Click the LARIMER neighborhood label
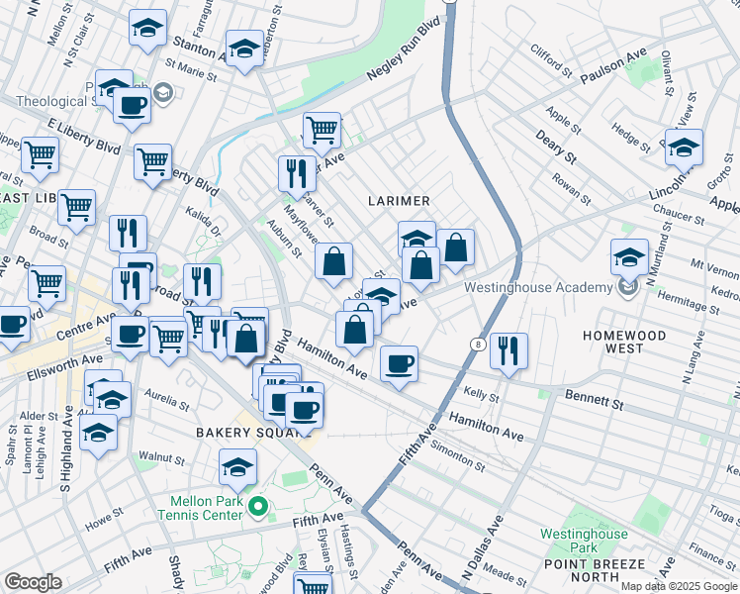pyautogui.click(x=399, y=200)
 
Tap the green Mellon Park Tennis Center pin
pyautogui.click(x=259, y=508)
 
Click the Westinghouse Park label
pyautogui.click(x=584, y=541)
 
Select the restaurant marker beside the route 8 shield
pyautogui.click(x=509, y=349)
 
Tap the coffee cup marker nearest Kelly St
pyautogui.click(x=399, y=363)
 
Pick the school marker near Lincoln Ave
pyautogui.click(x=684, y=147)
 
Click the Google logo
pyautogui.click(x=34, y=582)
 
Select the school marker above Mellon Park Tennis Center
pyautogui.click(x=237, y=467)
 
